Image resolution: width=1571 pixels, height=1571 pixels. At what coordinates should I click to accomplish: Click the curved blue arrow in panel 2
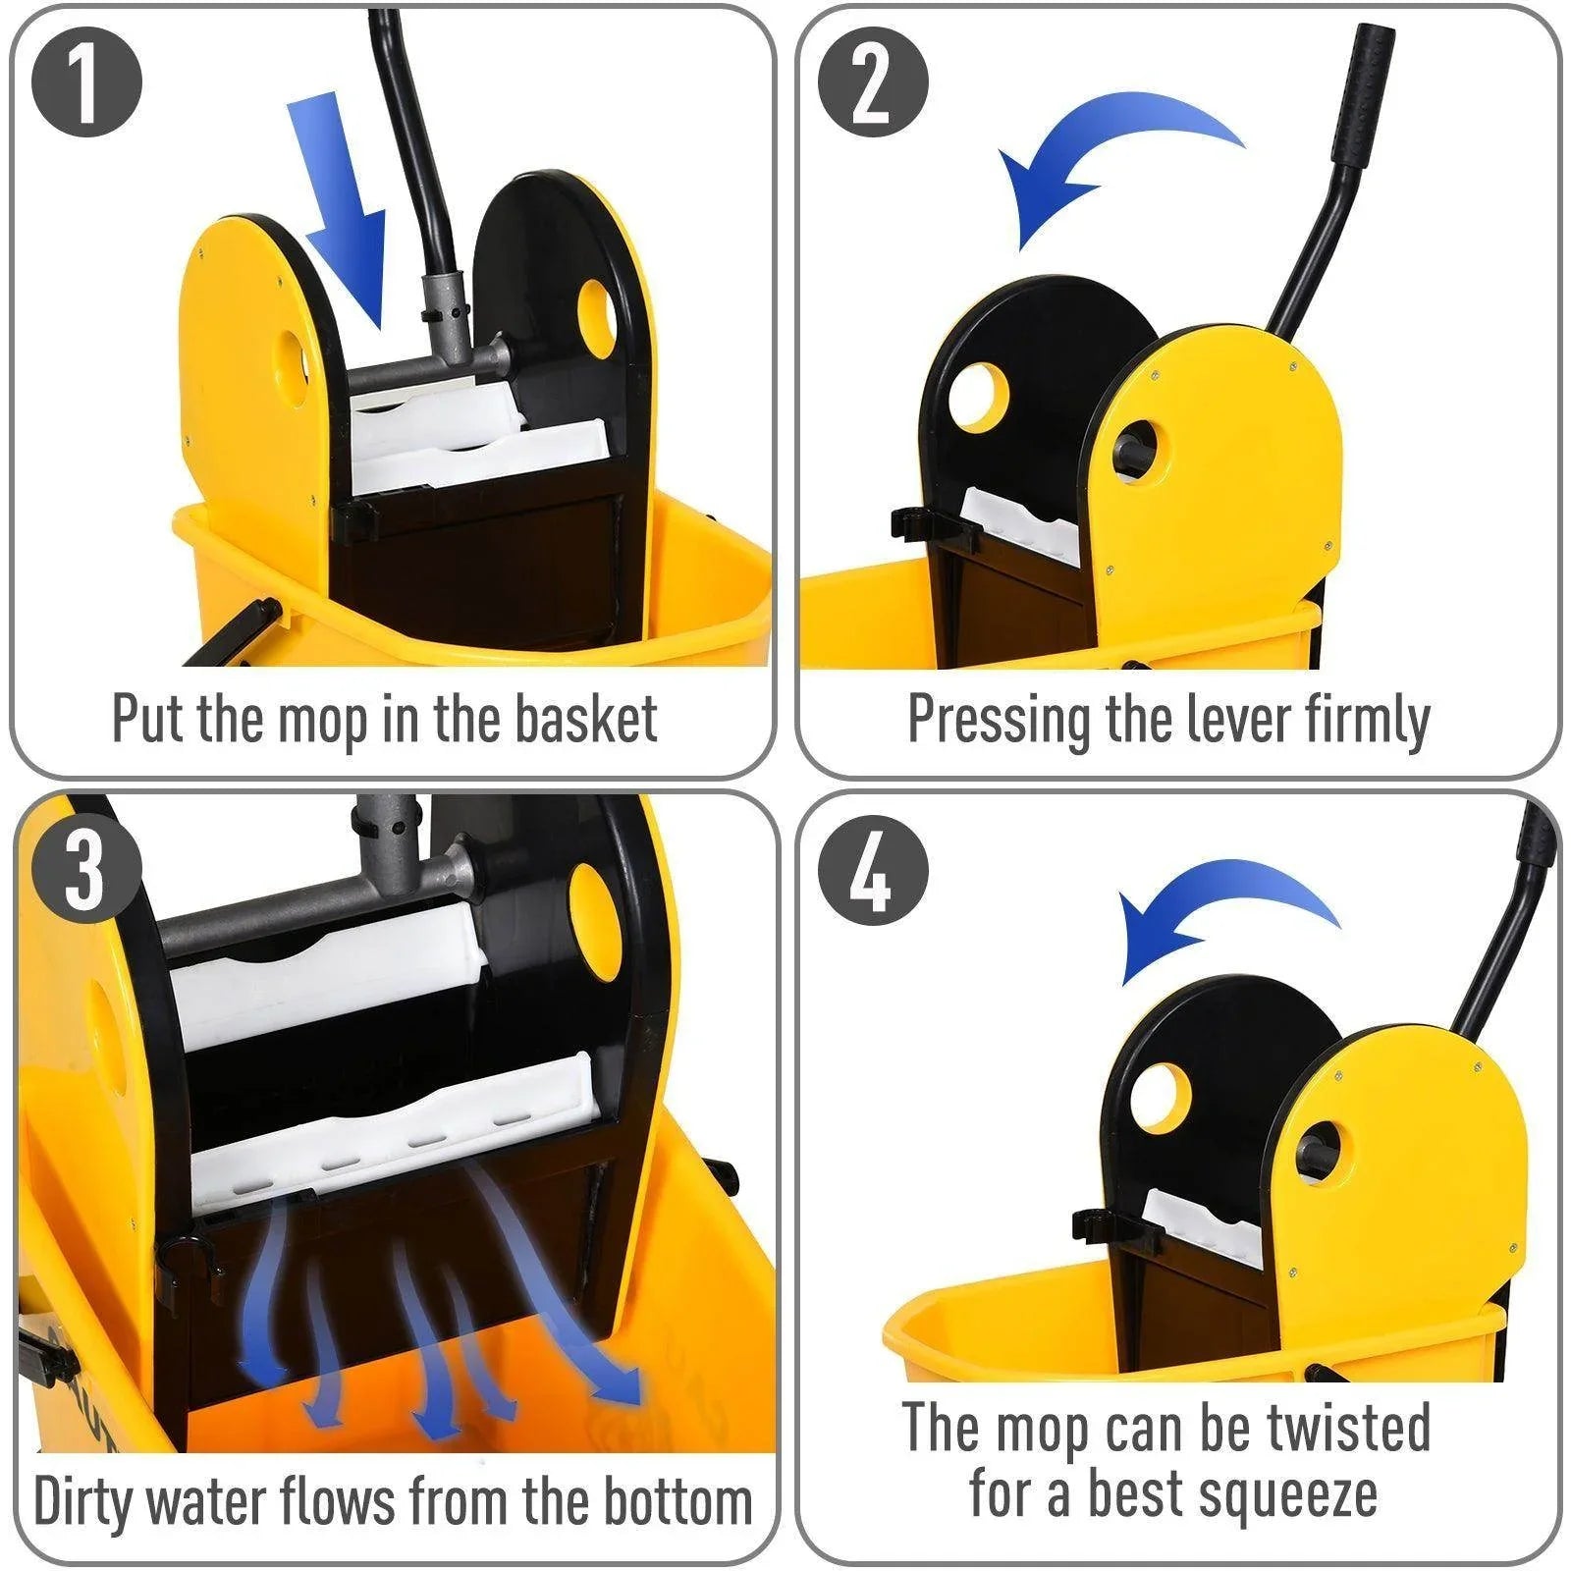(1100, 157)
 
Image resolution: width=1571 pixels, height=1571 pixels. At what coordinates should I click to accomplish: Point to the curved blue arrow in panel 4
(1218, 913)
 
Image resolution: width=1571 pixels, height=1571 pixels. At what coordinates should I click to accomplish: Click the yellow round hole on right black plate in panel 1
(596, 317)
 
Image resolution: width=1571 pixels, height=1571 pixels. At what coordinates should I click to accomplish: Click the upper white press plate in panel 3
(324, 972)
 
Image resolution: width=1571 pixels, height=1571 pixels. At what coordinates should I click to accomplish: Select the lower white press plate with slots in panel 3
(393, 1129)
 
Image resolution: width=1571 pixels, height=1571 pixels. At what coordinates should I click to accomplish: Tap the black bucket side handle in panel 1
(236, 633)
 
